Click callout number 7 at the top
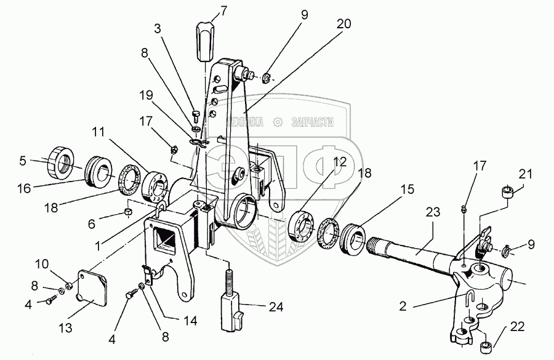[x=207, y=11]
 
